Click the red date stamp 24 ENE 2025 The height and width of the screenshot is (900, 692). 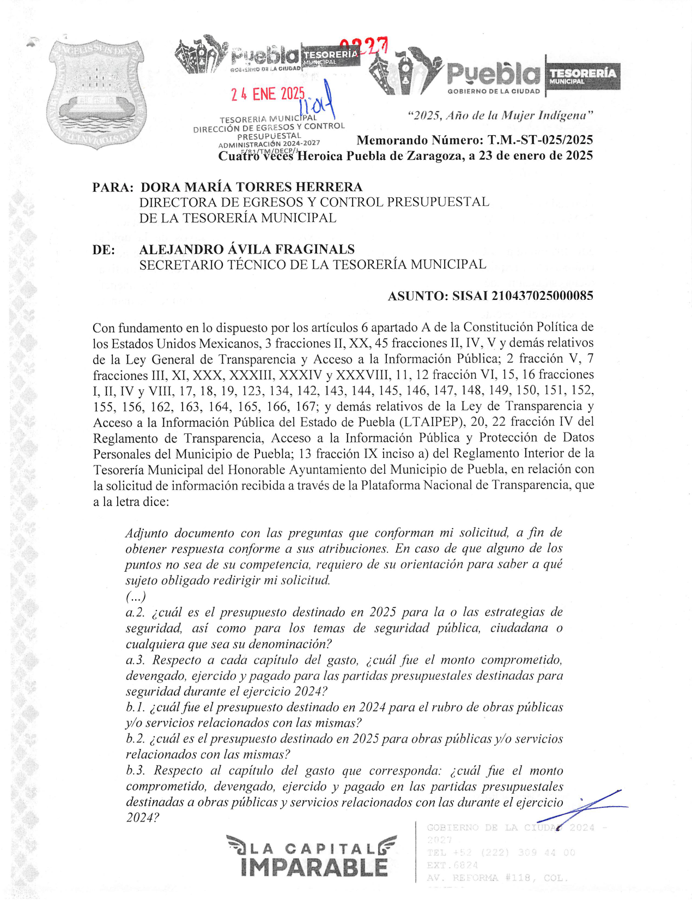(267, 94)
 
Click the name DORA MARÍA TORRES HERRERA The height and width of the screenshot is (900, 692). (251, 187)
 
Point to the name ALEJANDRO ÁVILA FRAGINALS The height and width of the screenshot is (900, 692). (247, 250)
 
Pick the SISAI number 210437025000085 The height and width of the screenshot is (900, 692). (542, 296)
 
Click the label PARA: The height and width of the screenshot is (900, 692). (113, 188)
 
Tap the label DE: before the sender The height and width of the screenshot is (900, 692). (104, 250)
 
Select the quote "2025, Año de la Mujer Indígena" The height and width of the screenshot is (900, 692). (500, 116)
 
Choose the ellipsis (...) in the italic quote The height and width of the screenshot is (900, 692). (135, 596)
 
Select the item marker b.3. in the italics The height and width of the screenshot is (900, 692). (136, 771)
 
